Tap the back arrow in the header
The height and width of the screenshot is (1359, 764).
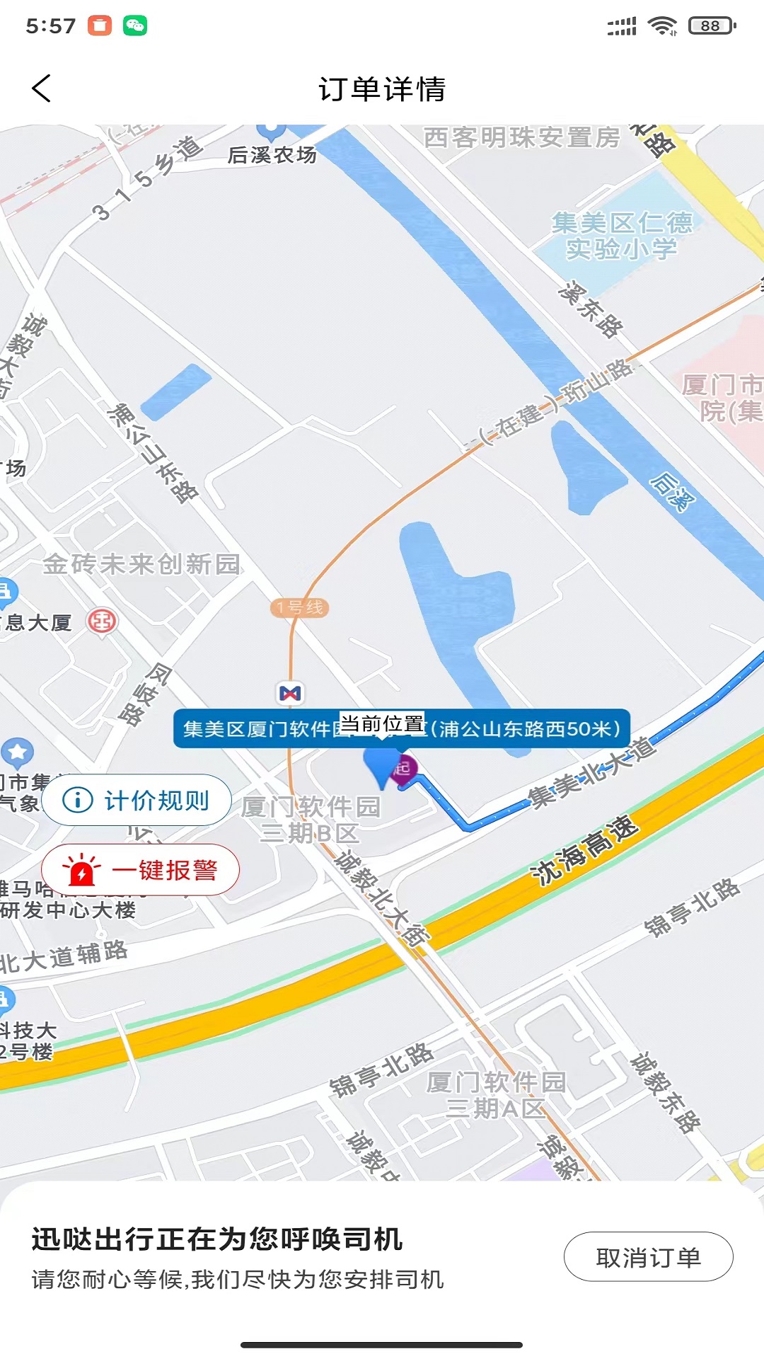coord(42,88)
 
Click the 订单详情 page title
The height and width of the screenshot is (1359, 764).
coord(382,89)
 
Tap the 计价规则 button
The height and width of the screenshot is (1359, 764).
coord(137,801)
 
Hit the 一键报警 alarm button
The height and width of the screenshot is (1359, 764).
coord(141,870)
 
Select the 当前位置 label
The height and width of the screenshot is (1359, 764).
coord(382,723)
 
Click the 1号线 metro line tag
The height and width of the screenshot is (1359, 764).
coord(300,607)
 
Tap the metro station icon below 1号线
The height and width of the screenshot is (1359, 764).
coord(290,693)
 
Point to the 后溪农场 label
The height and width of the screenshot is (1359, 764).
coord(272,154)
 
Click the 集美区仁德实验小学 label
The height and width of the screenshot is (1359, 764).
coord(622,236)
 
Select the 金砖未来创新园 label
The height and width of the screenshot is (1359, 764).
coord(141,564)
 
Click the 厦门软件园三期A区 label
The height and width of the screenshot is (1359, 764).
coord(496,1094)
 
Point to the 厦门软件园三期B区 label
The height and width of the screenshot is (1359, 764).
coord(311,819)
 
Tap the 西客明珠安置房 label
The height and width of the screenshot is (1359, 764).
coord(521,137)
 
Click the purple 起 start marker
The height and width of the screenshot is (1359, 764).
coord(404,768)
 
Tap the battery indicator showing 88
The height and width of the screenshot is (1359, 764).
coord(712,26)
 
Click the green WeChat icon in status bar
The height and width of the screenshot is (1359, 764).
coord(135,26)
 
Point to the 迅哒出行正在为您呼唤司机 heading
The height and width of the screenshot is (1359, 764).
coord(216,1239)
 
